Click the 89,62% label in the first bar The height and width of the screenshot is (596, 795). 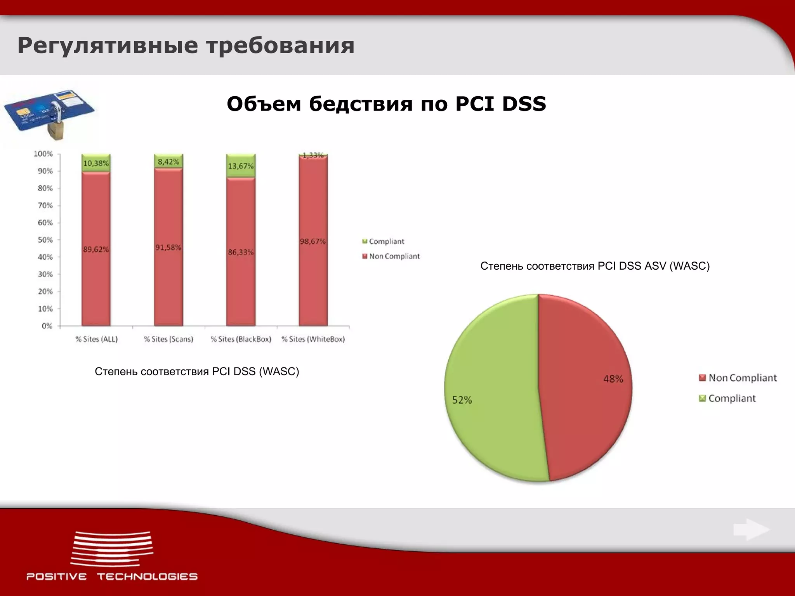click(x=96, y=249)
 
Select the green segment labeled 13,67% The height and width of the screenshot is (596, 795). click(x=241, y=166)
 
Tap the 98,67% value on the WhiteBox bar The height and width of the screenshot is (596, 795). click(x=313, y=241)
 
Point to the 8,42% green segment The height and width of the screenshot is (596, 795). click(x=168, y=161)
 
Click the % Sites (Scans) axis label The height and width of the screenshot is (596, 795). click(x=168, y=339)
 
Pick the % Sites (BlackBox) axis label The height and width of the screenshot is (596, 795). click(x=241, y=339)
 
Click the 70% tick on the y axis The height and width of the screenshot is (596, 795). click(x=45, y=205)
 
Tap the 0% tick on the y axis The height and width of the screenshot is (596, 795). click(x=47, y=326)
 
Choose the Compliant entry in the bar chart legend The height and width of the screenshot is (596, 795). click(x=386, y=241)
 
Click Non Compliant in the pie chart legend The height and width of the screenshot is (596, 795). click(x=742, y=378)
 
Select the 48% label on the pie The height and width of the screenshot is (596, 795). click(x=613, y=379)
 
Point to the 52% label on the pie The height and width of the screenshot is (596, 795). click(x=462, y=400)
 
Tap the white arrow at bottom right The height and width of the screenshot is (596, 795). click(x=751, y=530)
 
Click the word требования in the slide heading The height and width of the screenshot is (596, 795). click(x=280, y=45)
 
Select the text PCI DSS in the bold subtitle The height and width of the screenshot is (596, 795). click(x=500, y=104)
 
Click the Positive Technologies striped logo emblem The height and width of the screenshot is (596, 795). click(x=112, y=549)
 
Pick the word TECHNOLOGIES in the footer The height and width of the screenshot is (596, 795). click(x=147, y=577)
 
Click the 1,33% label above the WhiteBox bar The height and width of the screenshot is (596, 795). click(x=313, y=155)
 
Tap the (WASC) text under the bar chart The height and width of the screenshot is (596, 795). click(x=279, y=371)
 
